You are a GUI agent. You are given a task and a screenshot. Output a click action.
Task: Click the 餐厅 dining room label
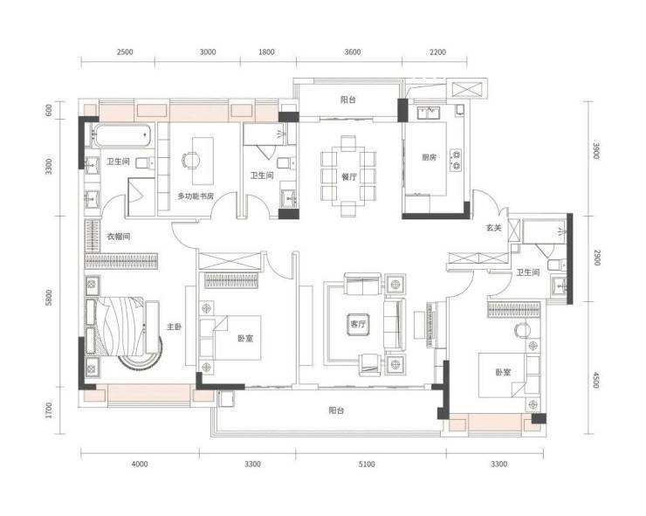[x=349, y=177]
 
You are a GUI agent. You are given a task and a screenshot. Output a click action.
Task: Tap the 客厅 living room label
[x=358, y=324]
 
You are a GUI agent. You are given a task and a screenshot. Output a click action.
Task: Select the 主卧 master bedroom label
[x=175, y=327]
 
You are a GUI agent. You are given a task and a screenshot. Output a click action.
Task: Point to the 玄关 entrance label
[x=493, y=228]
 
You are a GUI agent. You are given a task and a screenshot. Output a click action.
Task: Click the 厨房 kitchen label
[x=429, y=157]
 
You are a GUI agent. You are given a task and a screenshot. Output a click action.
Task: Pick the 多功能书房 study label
[x=196, y=196]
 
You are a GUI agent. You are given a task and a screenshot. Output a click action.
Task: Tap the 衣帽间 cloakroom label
[x=119, y=237]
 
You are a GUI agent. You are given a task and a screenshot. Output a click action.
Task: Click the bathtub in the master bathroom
[x=122, y=134]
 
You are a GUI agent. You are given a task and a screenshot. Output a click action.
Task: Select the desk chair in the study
[x=190, y=160]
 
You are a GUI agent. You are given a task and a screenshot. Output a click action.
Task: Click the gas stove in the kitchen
[x=456, y=159]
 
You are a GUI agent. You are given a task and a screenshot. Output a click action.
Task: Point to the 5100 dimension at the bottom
[x=367, y=464]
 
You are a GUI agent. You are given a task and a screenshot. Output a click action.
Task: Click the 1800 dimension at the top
[x=266, y=52]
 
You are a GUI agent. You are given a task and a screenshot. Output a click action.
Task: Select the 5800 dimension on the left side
[x=49, y=298]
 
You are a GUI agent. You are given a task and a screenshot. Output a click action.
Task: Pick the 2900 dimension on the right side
[x=597, y=258]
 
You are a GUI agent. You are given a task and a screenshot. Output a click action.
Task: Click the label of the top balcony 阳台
[x=348, y=100]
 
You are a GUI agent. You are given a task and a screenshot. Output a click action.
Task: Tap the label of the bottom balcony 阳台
[x=337, y=410]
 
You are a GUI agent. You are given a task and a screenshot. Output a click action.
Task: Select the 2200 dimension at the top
[x=437, y=52]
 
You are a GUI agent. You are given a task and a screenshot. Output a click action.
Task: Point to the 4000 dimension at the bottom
[x=140, y=464]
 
